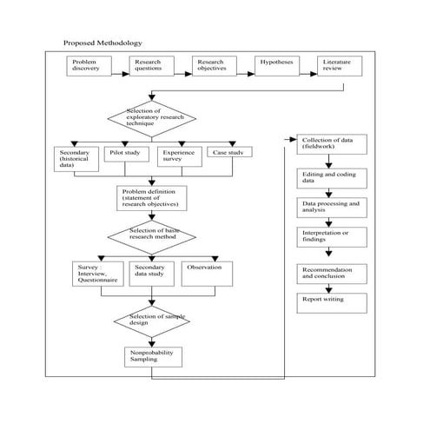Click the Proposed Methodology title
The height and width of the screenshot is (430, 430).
click(x=103, y=43)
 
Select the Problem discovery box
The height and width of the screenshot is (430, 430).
click(x=89, y=67)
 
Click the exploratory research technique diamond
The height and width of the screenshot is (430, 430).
click(x=151, y=119)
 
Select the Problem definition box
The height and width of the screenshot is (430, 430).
click(x=152, y=199)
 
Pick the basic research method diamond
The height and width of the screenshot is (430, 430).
click(x=151, y=235)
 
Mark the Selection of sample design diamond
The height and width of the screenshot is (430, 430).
click(x=151, y=322)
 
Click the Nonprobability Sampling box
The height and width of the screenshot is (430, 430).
click(x=151, y=359)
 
